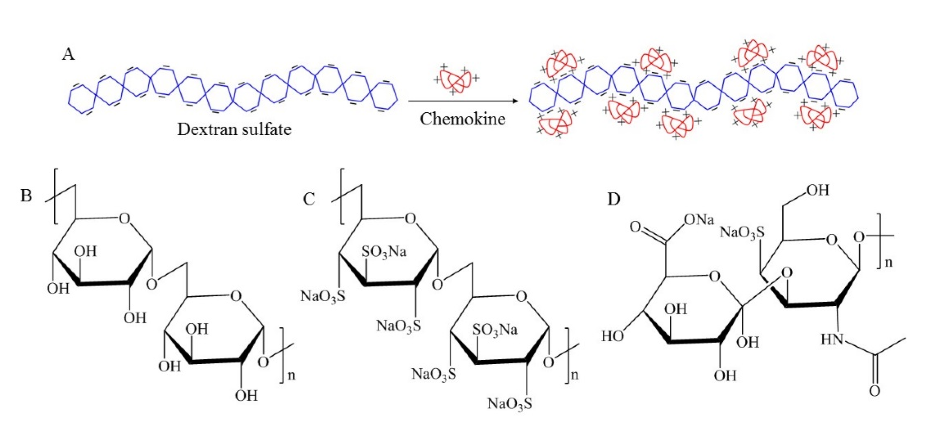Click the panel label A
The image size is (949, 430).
click(69, 55)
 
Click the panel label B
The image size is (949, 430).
click(26, 195)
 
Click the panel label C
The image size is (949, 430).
click(309, 199)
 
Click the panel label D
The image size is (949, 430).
click(613, 199)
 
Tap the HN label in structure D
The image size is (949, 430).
click(832, 339)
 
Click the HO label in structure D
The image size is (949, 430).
click(612, 336)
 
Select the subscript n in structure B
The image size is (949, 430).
click(291, 376)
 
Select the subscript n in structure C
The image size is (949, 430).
click(574, 375)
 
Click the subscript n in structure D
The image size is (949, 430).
click(889, 262)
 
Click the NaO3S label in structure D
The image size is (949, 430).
click(742, 232)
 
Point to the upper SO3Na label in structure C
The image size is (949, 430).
click(384, 252)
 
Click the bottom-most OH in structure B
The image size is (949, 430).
click(247, 396)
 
